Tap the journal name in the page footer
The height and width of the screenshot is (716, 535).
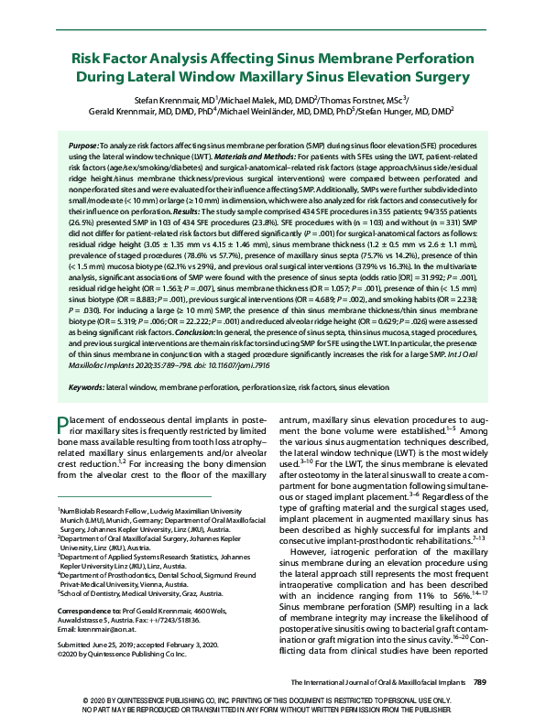tap(379, 682)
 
